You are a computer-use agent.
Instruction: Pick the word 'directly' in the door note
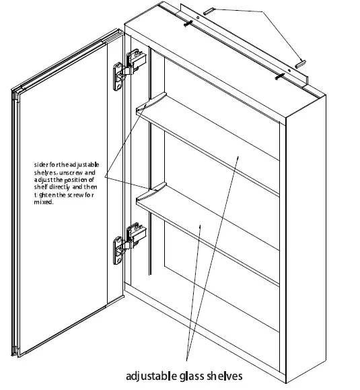(68, 187)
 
